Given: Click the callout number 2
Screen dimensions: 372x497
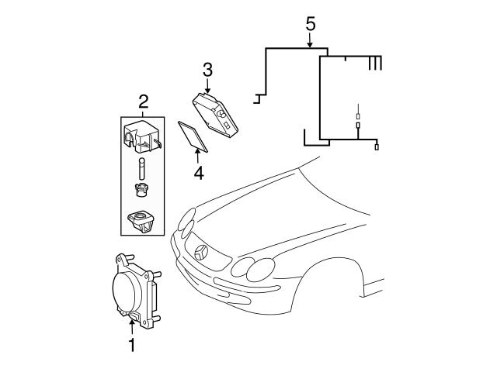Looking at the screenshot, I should [x=143, y=101].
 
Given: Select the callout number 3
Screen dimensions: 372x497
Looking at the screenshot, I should [x=207, y=69].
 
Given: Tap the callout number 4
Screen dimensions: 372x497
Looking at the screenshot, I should [x=198, y=173].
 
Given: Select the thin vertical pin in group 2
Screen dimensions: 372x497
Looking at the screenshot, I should [x=143, y=167].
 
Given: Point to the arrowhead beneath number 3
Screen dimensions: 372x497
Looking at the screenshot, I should [x=208, y=90].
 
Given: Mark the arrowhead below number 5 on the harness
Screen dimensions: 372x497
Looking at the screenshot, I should [x=310, y=46].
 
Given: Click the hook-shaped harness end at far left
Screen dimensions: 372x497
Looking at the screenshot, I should [x=257, y=98].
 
